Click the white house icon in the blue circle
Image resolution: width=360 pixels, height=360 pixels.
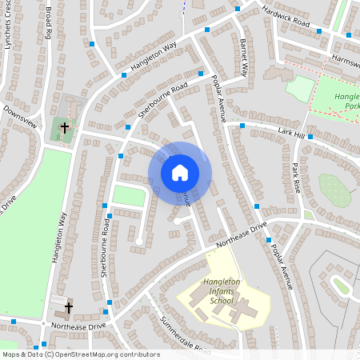[x=180, y=173]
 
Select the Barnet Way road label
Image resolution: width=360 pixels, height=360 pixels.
[x=244, y=56]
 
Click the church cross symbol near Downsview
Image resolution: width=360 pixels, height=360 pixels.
[x=65, y=126]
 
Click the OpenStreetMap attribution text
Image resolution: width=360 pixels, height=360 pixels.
[x=80, y=354]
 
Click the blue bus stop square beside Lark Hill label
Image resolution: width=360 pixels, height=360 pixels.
[x=310, y=137]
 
